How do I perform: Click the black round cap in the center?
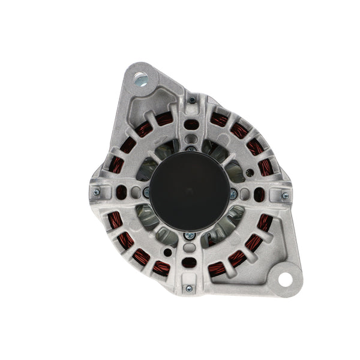click(188, 191)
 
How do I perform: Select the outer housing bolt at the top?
click(191, 100)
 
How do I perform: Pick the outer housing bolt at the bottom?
click(188, 289)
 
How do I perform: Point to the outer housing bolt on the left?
click(96, 193)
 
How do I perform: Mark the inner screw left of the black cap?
click(145, 192)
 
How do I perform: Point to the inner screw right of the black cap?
click(233, 193)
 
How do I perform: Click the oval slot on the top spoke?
click(190, 125)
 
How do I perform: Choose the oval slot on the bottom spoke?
click(188, 262)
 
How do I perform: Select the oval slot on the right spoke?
click(259, 194)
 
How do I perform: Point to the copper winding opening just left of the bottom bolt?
click(160, 268)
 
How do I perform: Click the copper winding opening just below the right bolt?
click(265, 223)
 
